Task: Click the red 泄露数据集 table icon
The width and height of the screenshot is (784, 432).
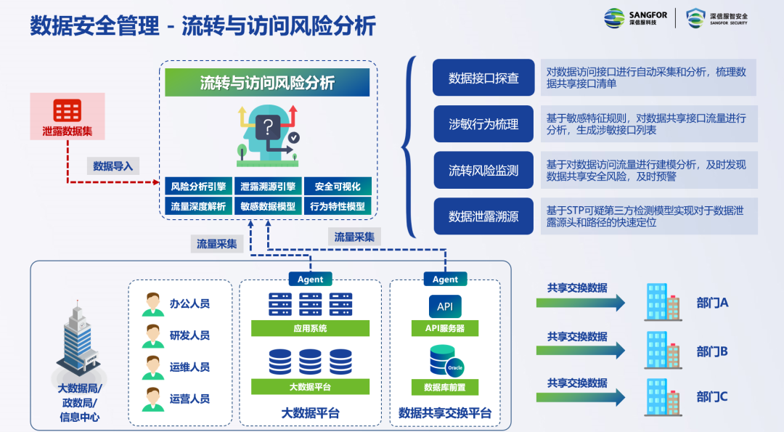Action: pos(68,110)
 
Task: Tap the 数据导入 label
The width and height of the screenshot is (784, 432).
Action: pos(113,166)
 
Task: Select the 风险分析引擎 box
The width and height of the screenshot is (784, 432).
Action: pos(198,187)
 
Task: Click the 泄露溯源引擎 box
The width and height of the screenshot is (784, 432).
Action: pos(268,187)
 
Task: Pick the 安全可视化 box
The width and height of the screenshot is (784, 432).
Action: pos(338,187)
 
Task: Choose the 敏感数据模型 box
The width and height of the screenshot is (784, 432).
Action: pos(268,206)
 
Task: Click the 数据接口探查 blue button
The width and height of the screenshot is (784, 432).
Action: pos(483,78)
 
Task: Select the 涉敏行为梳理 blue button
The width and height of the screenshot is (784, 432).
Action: pos(483,124)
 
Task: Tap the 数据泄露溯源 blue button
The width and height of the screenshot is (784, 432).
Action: pos(483,216)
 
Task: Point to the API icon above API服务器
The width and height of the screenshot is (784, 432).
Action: pos(445,306)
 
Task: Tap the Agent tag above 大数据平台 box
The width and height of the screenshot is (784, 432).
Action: pos(310,279)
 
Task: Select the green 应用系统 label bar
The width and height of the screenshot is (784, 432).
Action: pos(310,328)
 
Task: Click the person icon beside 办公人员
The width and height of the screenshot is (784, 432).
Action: pos(152,303)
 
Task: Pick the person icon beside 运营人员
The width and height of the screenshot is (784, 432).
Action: pos(152,399)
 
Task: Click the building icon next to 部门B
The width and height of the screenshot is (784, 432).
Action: pos(663,350)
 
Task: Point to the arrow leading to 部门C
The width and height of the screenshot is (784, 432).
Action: pos(581,396)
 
